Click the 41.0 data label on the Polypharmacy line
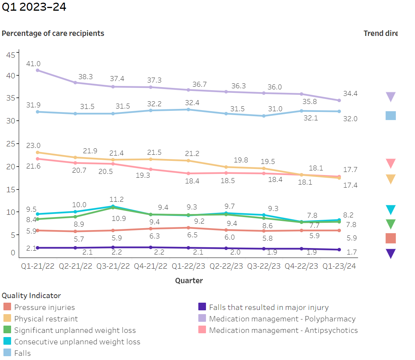[x=33, y=64]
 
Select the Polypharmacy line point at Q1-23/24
[x=339, y=101]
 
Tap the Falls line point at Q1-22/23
[x=188, y=110]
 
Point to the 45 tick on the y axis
[x=10, y=55]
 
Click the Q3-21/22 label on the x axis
[x=113, y=266]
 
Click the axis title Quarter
[x=189, y=281]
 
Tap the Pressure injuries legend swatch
[x=7, y=307]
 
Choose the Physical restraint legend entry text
[x=46, y=319]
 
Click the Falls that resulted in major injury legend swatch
[x=202, y=307]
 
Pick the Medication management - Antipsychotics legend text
[x=283, y=330]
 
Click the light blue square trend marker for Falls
[x=391, y=116]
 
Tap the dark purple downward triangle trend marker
[x=391, y=253]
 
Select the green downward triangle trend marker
[x=391, y=224]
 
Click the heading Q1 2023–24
[x=34, y=7]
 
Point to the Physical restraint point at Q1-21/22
[x=37, y=152]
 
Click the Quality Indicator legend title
[x=31, y=295]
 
